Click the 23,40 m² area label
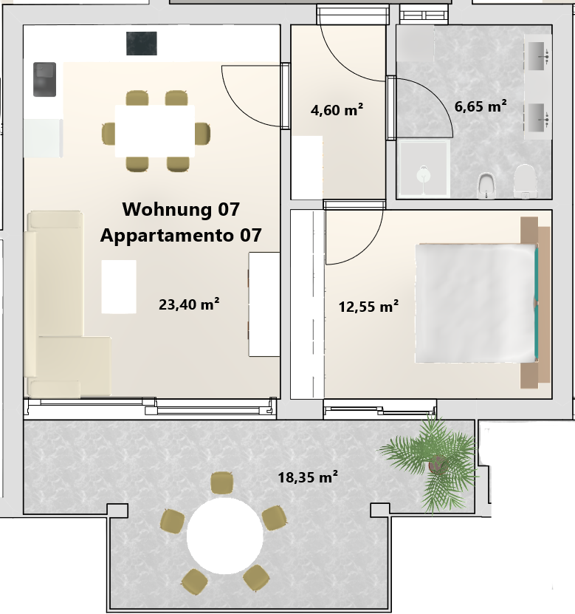click(x=188, y=304)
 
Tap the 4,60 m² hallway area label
click(x=337, y=109)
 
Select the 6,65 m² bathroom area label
click(x=481, y=106)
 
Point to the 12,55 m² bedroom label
click(x=368, y=306)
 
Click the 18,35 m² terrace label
click(x=308, y=477)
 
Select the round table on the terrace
click(x=224, y=536)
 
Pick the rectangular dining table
click(x=155, y=132)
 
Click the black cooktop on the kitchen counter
click(x=142, y=44)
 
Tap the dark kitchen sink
click(x=44, y=79)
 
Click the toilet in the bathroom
click(x=524, y=181)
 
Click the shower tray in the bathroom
click(x=423, y=168)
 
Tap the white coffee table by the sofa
click(x=119, y=287)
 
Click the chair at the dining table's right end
click(x=203, y=133)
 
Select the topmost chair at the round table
click(x=221, y=482)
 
